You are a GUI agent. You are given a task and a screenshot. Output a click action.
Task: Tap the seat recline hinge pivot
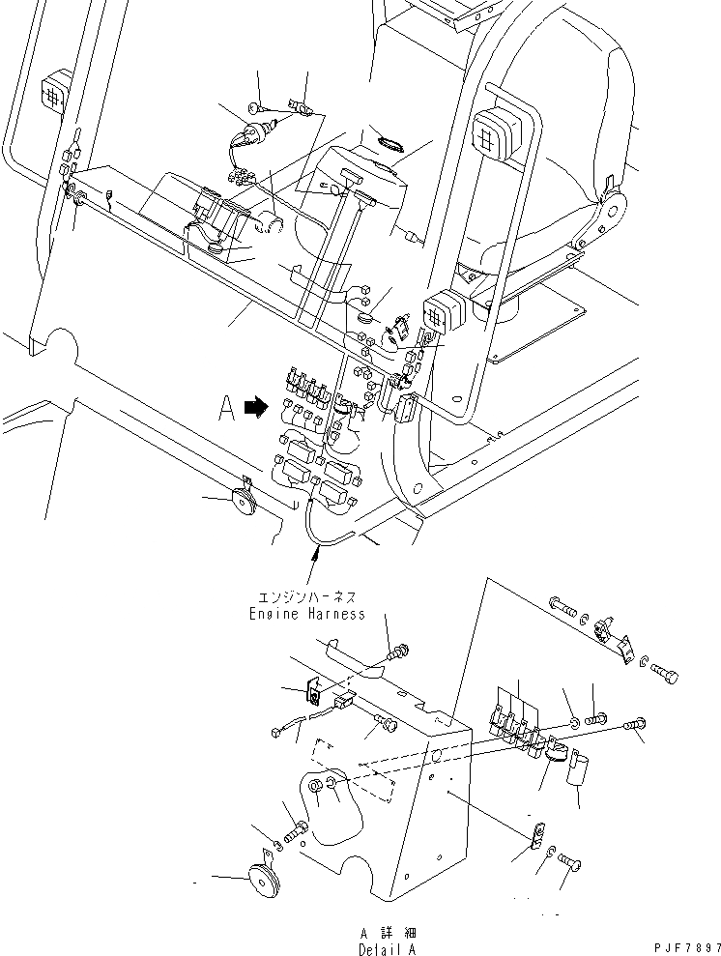(x=611, y=207)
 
